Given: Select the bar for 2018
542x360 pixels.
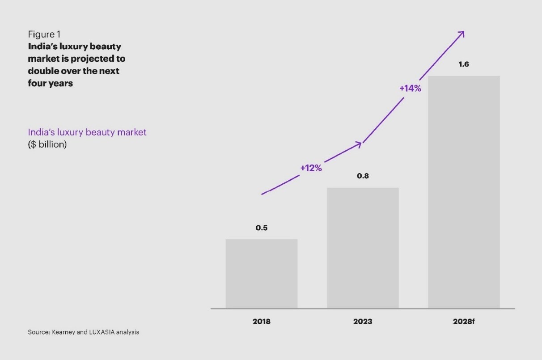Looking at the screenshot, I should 262,274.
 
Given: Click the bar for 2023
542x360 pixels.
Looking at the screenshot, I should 363,248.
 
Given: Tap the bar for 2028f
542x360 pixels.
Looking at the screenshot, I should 464,192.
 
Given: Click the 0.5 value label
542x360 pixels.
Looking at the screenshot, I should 262,228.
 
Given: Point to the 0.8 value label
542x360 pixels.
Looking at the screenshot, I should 363,176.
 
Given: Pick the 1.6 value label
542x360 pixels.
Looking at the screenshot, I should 464,64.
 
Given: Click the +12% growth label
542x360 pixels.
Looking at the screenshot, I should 311,168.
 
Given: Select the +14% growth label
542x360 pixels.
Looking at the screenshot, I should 411,88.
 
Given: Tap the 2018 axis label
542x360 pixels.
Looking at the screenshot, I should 262,322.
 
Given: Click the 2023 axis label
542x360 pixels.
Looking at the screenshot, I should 363,322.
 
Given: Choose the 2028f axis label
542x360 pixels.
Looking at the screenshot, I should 464,322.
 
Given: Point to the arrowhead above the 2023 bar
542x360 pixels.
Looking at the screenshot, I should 359,144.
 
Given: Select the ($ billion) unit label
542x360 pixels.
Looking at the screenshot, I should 47,144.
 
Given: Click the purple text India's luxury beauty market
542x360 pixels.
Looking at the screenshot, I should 87,132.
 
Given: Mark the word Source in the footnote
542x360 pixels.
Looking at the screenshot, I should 37,332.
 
